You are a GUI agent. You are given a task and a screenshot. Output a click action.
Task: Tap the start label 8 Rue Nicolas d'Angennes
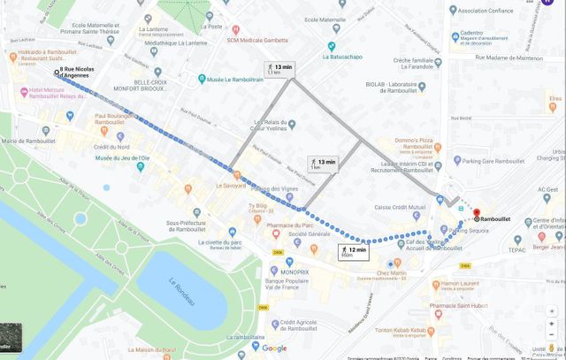(77, 73)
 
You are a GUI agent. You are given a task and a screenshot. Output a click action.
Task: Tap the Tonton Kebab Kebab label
(403, 332)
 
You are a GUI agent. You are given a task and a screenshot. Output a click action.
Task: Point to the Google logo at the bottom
(273, 349)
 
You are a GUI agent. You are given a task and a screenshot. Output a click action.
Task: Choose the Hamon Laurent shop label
(459, 284)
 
